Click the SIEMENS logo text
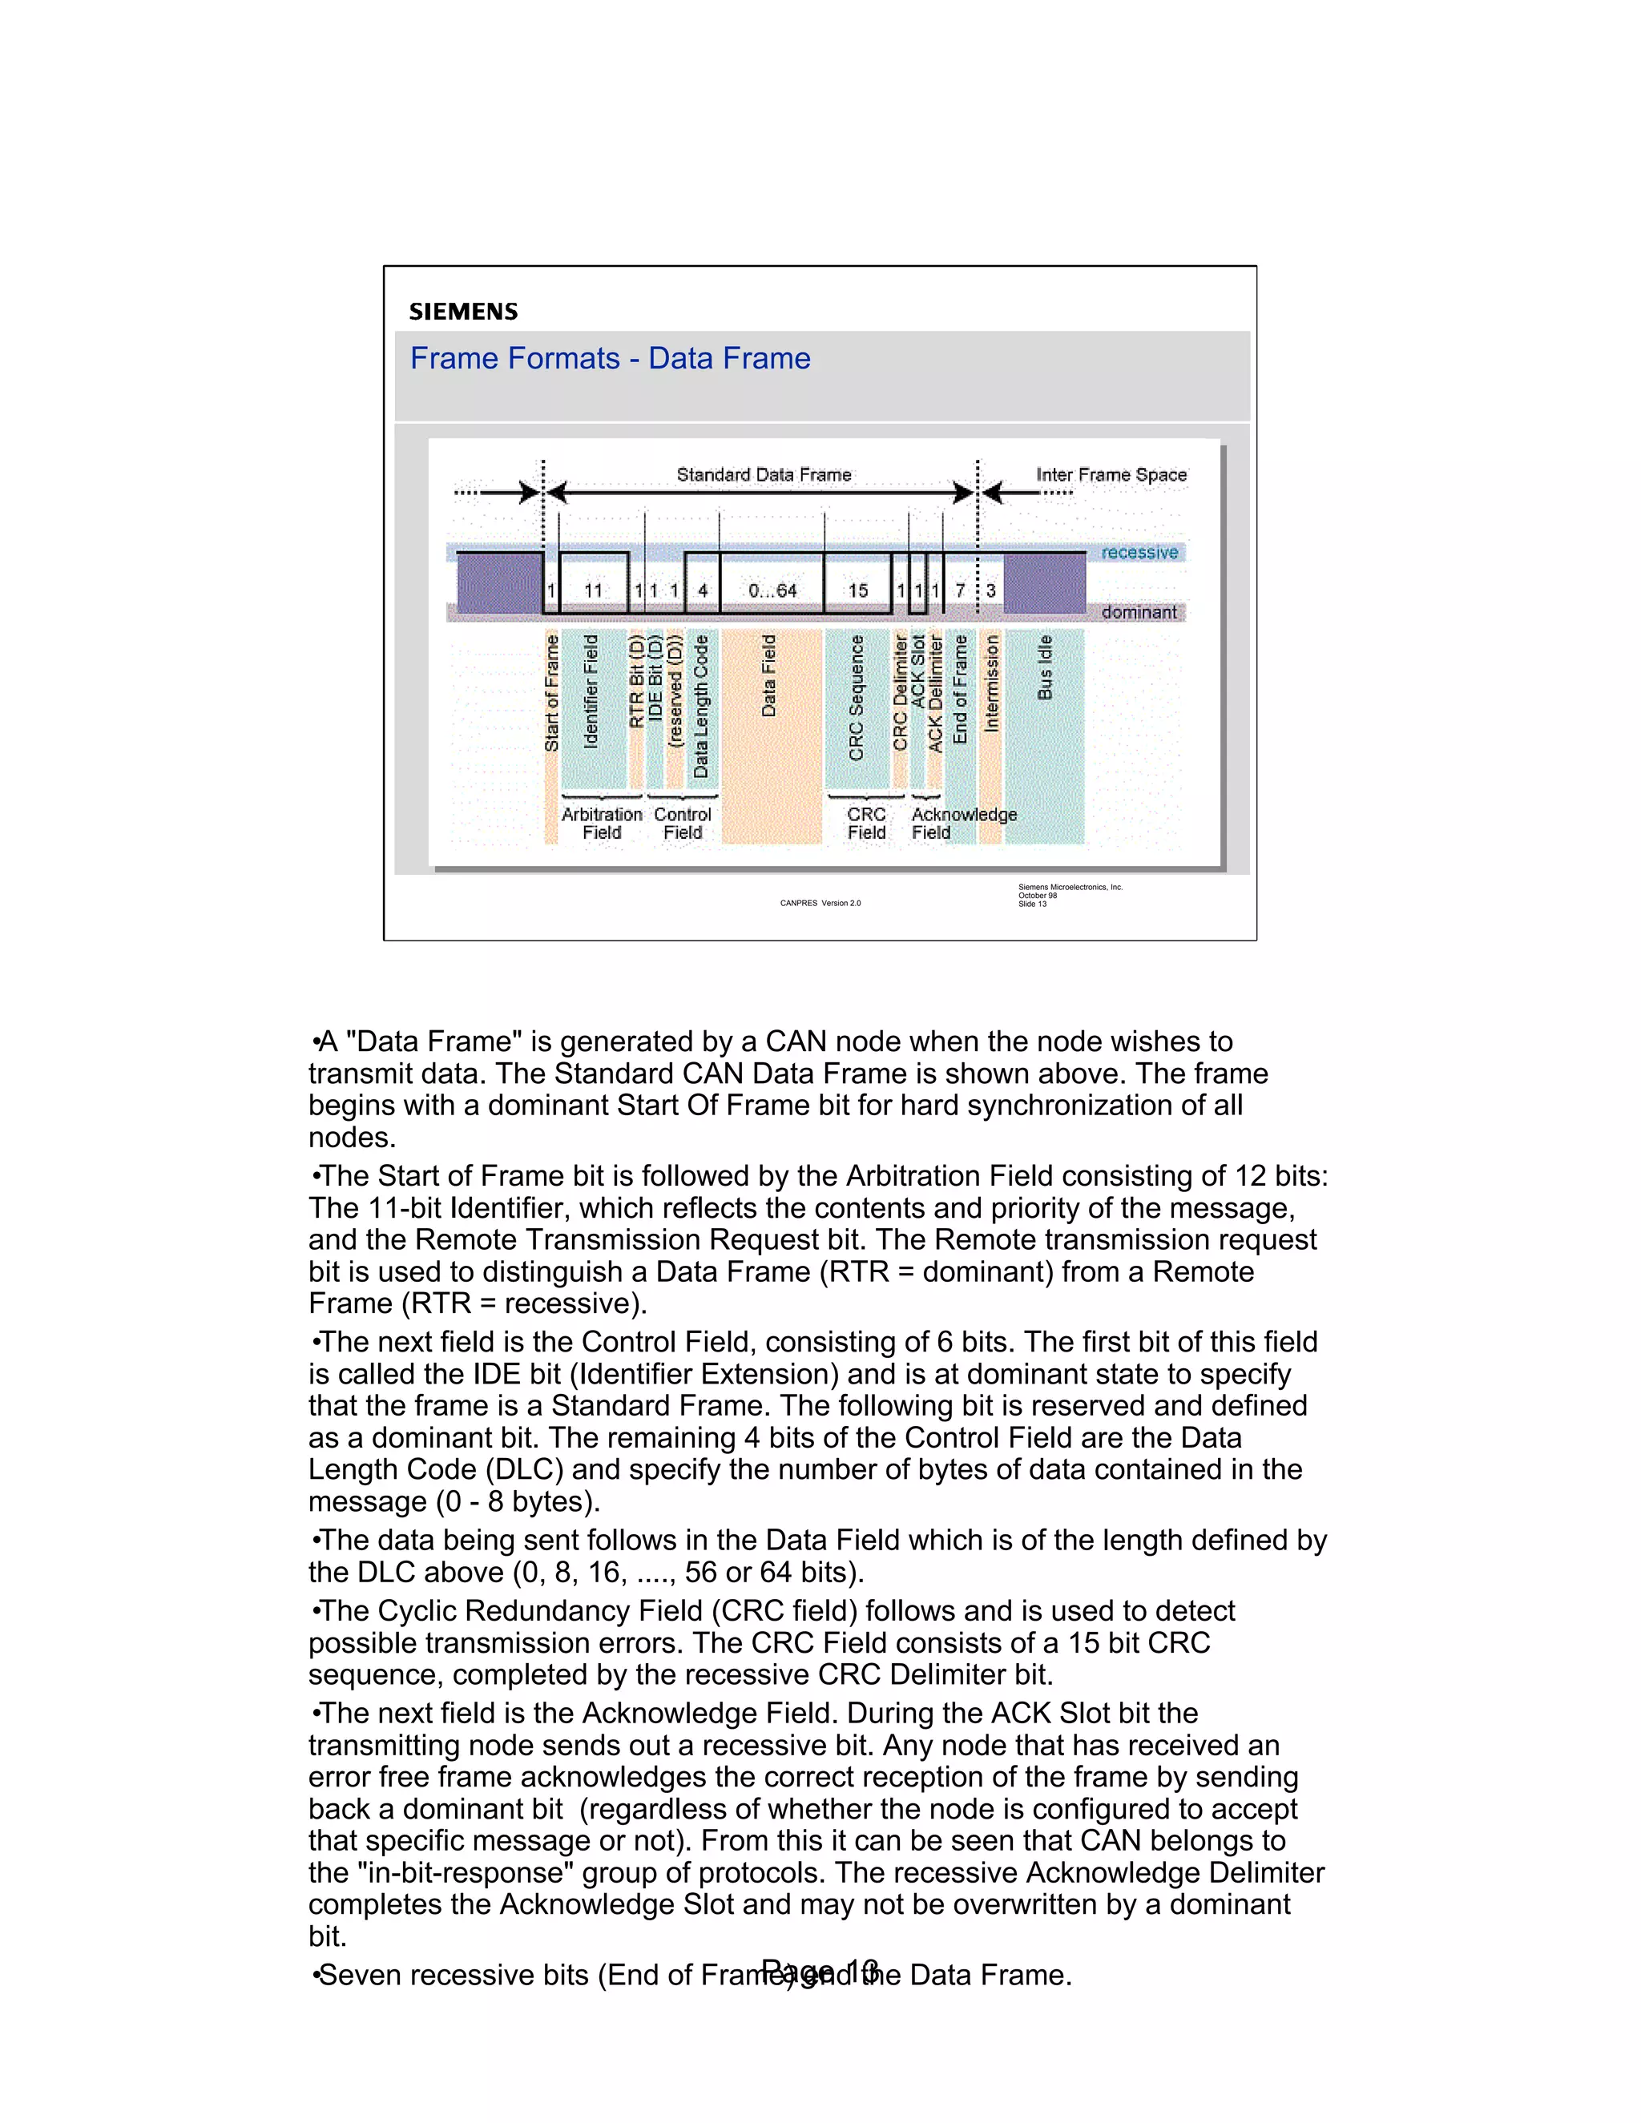coord(463,312)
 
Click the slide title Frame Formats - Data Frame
coord(610,359)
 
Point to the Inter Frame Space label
coord(1111,474)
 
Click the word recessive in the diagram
coord(1139,552)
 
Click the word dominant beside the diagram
coord(1139,612)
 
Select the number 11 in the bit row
coord(593,590)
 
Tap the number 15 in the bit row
coord(857,590)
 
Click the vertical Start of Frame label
coord(551,693)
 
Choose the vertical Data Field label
coord(769,675)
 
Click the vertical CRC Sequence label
coord(857,697)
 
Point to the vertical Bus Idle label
coord(1045,667)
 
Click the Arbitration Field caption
coord(602,824)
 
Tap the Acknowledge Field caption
coord(962,823)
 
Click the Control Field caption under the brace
coord(683,824)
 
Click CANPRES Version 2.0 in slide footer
coord(820,903)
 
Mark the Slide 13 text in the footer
coord(1032,904)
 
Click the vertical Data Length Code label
coord(701,706)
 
